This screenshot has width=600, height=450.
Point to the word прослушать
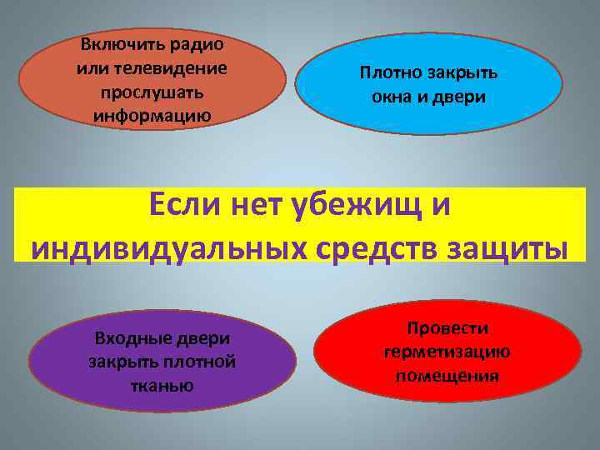[x=152, y=90]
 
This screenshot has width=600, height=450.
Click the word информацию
[x=152, y=112]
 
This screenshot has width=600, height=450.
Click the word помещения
[x=447, y=375]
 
